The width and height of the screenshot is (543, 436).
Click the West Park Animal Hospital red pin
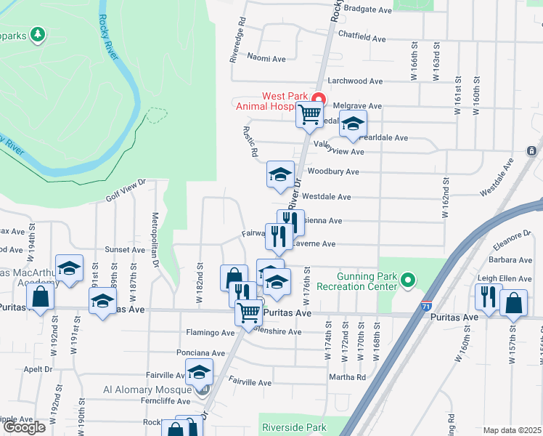coord(317,99)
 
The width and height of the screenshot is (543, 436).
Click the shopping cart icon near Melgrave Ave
coord(310,115)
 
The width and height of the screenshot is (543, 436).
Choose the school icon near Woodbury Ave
coord(280,174)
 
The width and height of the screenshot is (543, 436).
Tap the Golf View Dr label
coord(126,191)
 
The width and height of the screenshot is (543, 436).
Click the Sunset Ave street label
coord(125,249)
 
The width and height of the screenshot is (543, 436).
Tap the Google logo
coord(25,427)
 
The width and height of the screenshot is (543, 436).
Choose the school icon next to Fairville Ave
coord(198,374)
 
